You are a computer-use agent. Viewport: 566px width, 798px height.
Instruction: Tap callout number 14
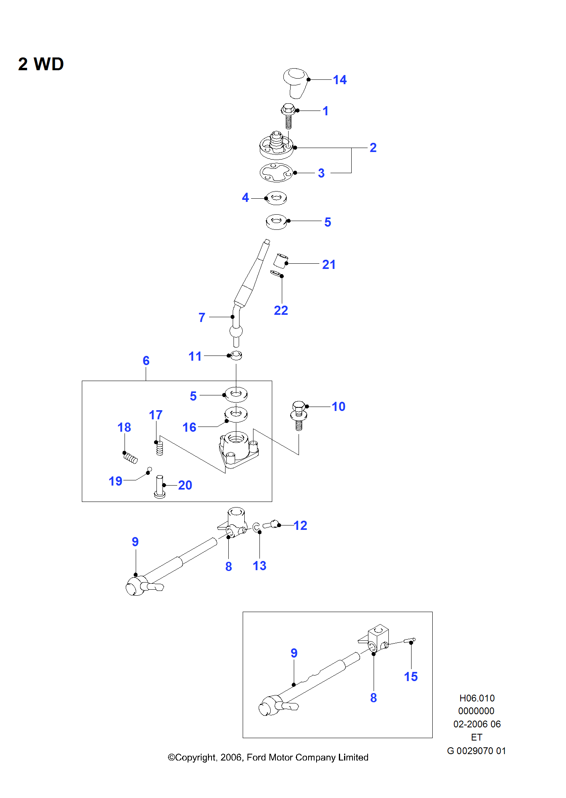tap(340, 80)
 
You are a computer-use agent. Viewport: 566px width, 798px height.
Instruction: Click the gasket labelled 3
tap(276, 172)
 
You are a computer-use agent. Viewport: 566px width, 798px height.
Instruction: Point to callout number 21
tap(329, 265)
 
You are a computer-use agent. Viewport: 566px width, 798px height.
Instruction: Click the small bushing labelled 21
tap(281, 260)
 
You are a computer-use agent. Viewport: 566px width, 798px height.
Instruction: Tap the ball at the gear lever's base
tap(236, 331)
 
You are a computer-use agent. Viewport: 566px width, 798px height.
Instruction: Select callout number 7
tap(202, 318)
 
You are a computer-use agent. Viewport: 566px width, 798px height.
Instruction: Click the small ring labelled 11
tap(236, 355)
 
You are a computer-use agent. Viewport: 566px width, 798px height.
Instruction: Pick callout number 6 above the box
tap(146, 361)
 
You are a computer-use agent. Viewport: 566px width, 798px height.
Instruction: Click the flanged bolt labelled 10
tap(299, 415)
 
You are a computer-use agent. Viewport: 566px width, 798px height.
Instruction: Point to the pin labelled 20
tap(160, 486)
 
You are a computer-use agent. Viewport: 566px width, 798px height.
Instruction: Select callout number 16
tap(189, 427)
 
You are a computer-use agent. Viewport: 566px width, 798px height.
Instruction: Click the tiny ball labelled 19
tap(150, 469)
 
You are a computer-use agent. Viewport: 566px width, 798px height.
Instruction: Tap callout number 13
tap(259, 566)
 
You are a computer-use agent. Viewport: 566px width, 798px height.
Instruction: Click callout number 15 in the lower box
tap(411, 677)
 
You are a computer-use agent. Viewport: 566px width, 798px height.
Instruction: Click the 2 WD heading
tap(41, 64)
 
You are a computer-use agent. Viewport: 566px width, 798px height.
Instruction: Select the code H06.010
tap(477, 698)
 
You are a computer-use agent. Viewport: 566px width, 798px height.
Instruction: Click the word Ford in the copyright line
tap(257, 757)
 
